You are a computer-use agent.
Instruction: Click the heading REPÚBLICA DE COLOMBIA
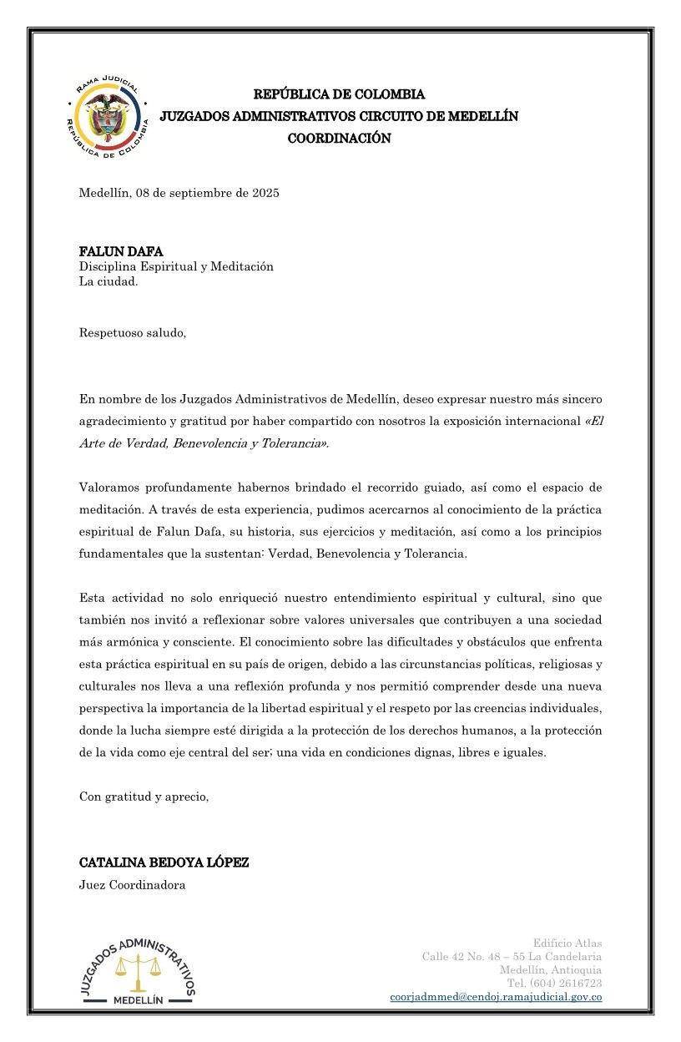(x=339, y=94)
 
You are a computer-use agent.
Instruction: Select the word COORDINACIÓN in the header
(x=339, y=139)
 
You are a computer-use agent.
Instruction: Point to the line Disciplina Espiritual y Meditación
(x=176, y=266)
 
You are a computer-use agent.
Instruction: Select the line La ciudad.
(x=108, y=281)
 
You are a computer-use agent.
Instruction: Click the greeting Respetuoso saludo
(x=133, y=333)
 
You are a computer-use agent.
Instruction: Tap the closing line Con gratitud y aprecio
(x=144, y=796)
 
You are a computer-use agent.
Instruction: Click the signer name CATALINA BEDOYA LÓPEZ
(x=164, y=862)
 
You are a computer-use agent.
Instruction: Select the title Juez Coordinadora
(x=132, y=885)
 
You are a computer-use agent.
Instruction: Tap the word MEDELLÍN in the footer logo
(x=139, y=999)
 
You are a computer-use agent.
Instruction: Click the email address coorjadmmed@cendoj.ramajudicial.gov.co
(x=496, y=996)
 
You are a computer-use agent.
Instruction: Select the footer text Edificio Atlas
(x=567, y=943)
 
